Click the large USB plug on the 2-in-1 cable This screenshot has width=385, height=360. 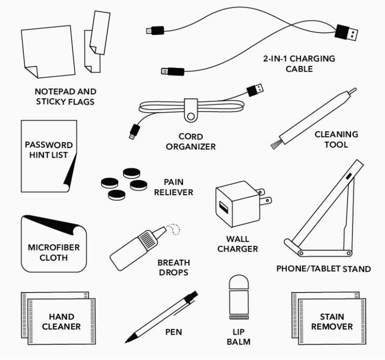click(348, 34)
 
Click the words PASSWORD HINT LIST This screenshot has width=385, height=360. click(49, 150)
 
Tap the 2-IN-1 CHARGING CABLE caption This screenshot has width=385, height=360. click(298, 63)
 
